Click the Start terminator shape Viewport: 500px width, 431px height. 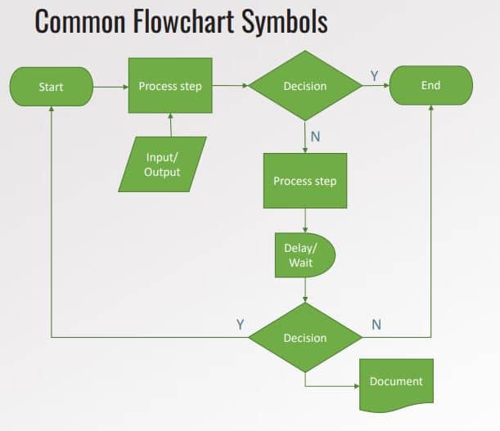click(51, 86)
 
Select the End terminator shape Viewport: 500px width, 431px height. click(430, 85)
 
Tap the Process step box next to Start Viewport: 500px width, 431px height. click(170, 85)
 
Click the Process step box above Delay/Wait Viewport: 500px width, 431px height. click(304, 180)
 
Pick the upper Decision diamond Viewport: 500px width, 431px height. click(304, 86)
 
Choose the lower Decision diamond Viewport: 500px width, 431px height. click(304, 337)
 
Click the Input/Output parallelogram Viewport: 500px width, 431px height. click(162, 164)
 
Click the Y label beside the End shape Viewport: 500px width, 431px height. click(374, 75)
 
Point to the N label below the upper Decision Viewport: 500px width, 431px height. click(315, 136)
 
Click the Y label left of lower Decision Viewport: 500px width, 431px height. click(240, 324)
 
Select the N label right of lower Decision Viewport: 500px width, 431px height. click(376, 324)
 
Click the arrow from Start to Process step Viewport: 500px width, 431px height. click(110, 85)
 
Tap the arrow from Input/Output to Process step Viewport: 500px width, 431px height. click(170, 125)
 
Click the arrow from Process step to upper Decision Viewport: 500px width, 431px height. click(231, 85)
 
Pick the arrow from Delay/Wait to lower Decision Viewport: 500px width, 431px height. click(304, 290)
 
